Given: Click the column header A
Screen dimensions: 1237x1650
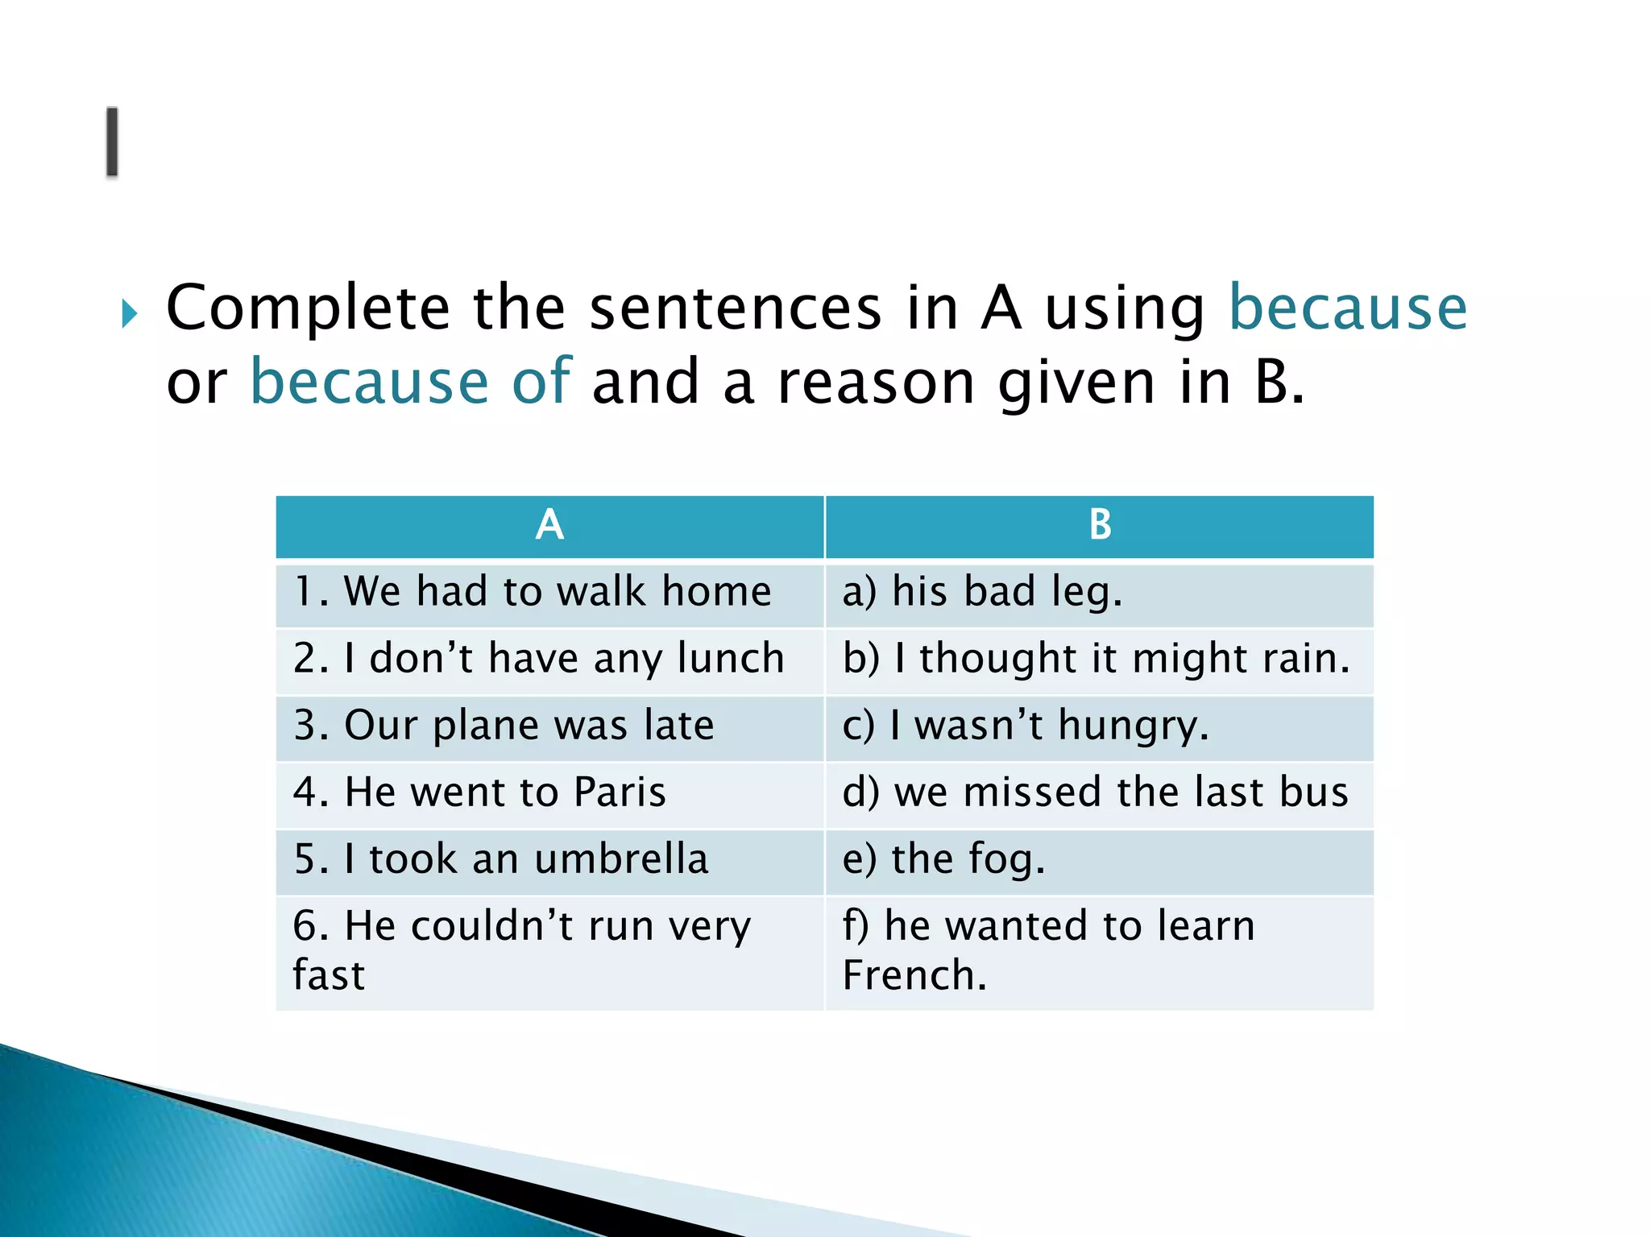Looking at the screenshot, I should [549, 526].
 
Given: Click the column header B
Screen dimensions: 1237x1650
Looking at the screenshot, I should [1100, 526].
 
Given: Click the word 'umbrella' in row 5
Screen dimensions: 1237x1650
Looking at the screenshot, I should [621, 858].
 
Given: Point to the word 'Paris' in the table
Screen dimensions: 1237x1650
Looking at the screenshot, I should [620, 792].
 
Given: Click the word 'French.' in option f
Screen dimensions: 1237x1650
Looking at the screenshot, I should [914, 976].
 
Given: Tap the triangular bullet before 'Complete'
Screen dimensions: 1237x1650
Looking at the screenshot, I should [130, 312].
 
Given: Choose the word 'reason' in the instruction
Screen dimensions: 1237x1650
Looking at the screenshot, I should [876, 383].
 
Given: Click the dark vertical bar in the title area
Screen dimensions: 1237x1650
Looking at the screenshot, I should [112, 142].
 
